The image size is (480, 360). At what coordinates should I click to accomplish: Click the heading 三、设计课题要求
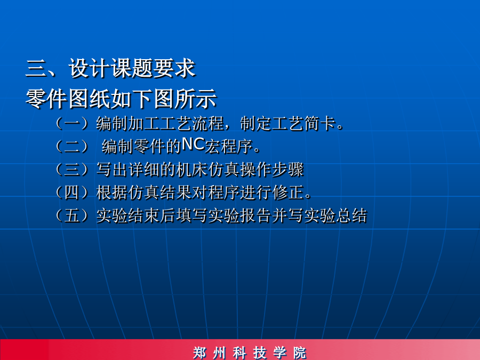point(110,68)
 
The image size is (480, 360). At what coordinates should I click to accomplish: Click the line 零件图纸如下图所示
point(121,99)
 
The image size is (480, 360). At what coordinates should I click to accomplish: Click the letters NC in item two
point(193,144)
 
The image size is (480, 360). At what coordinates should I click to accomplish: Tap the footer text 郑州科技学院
point(250,353)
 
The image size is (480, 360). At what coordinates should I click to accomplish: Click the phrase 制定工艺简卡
point(287,123)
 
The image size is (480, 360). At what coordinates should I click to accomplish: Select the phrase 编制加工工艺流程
point(160,123)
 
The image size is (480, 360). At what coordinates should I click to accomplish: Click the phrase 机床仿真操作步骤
point(240,169)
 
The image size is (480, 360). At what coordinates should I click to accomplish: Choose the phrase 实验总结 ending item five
point(335,215)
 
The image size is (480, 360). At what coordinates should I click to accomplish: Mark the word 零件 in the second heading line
point(46,99)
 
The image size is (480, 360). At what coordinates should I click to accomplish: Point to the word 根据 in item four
point(112,193)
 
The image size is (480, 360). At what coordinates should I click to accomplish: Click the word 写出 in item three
point(112,169)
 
